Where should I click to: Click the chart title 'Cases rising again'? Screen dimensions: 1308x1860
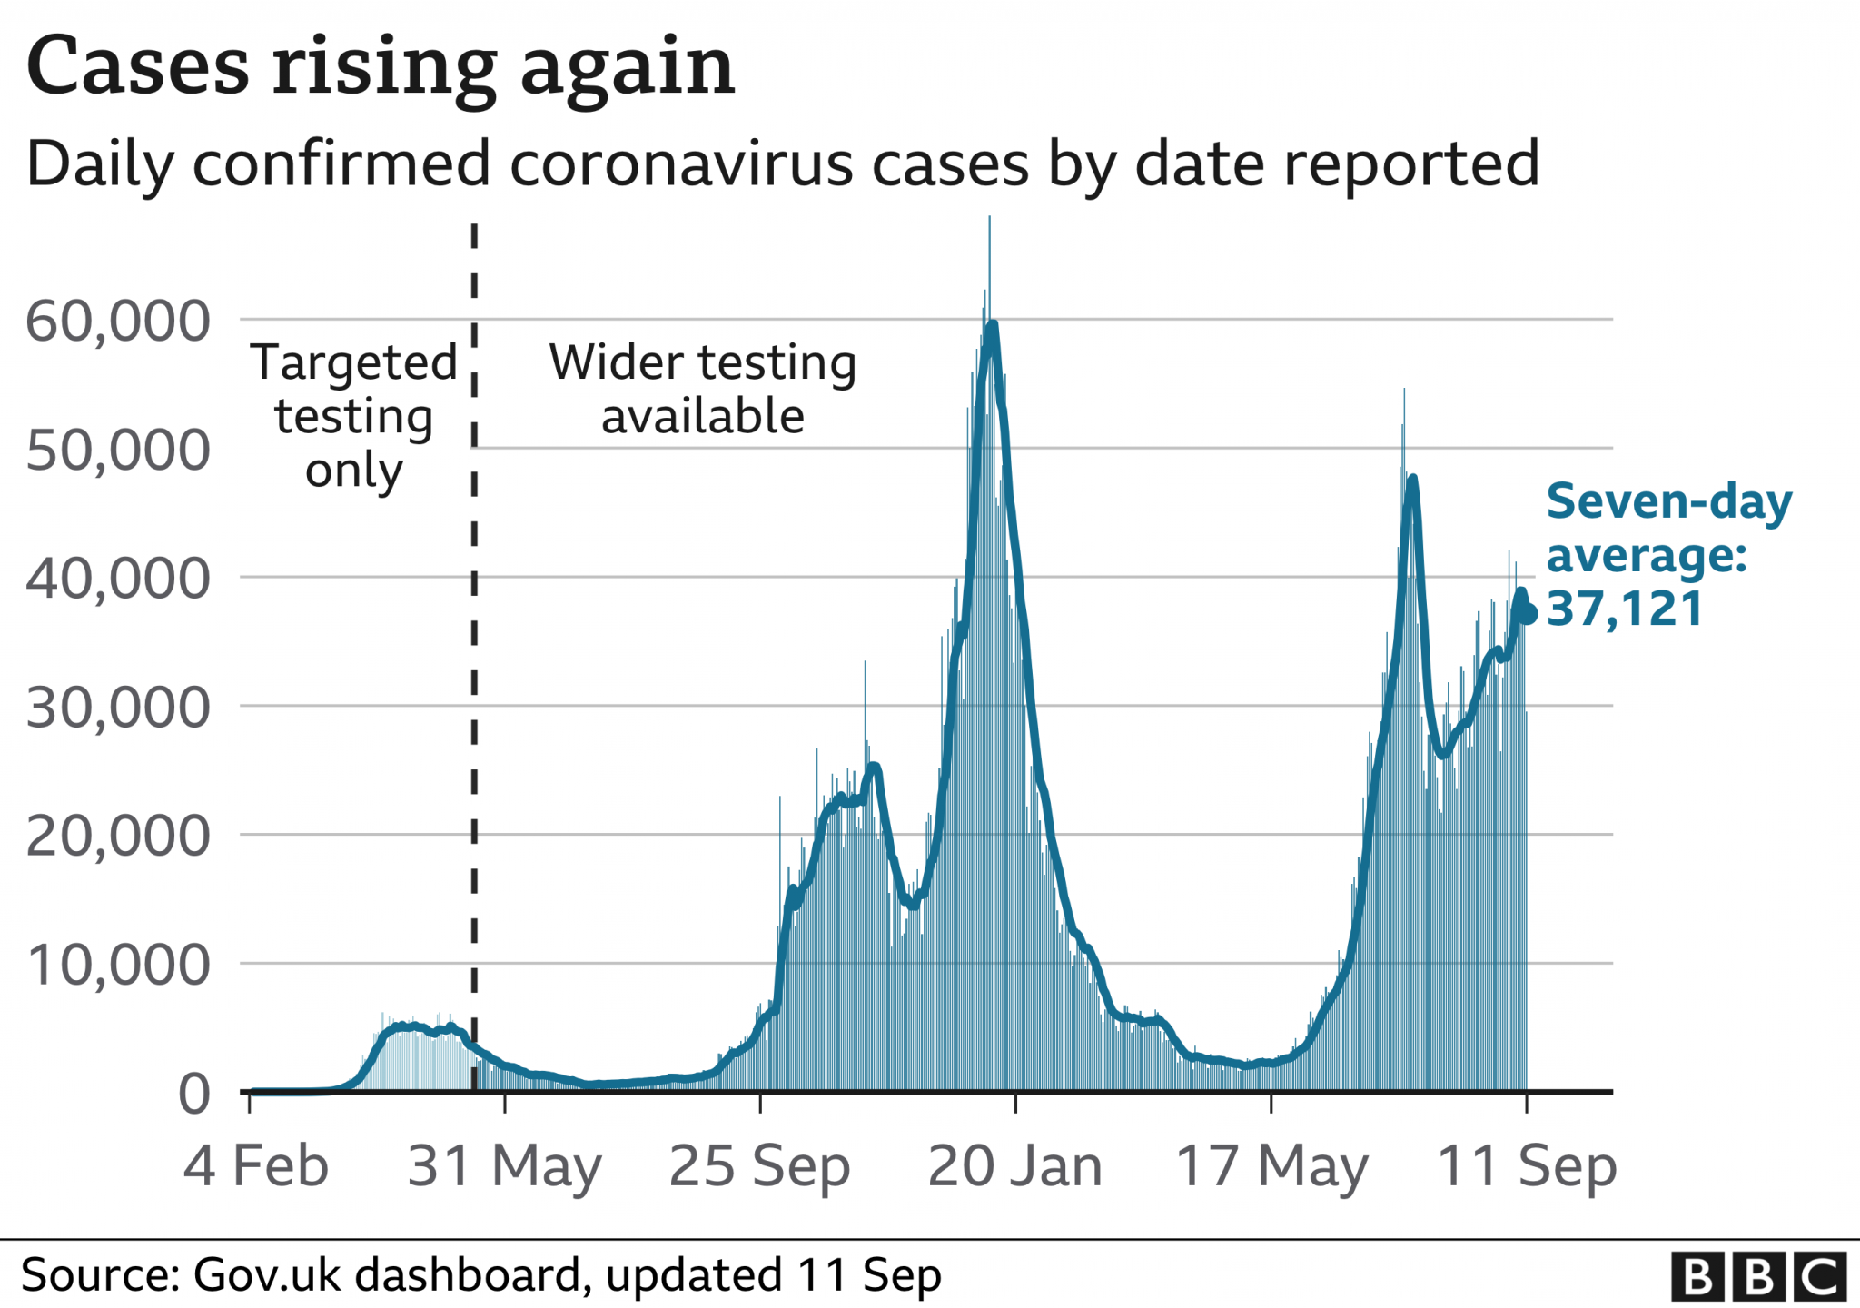point(381,67)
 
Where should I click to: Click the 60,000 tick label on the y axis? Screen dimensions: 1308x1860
point(118,321)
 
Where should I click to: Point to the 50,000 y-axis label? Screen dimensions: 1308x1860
point(118,450)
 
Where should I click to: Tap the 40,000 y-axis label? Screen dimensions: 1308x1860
point(118,579)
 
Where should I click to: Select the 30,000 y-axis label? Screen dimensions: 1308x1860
point(118,708)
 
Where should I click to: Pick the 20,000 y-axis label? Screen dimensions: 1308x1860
point(118,837)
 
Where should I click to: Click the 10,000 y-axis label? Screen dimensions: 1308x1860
point(118,965)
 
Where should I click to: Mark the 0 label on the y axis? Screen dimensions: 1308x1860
point(194,1094)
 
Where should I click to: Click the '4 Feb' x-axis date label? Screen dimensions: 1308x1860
point(255,1165)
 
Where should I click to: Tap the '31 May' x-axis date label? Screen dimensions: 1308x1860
point(504,1165)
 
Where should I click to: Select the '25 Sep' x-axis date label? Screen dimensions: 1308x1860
point(759,1165)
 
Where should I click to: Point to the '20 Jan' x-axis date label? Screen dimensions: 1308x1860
point(1014,1165)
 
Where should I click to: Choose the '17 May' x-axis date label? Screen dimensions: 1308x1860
point(1271,1165)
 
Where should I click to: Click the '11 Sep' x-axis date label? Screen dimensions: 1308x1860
point(1527,1165)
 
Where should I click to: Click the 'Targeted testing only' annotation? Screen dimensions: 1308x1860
point(353,416)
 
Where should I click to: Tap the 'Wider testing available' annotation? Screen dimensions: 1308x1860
point(702,389)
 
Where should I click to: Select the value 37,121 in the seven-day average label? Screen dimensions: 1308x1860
point(1624,609)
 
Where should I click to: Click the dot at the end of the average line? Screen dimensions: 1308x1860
point(1528,615)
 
